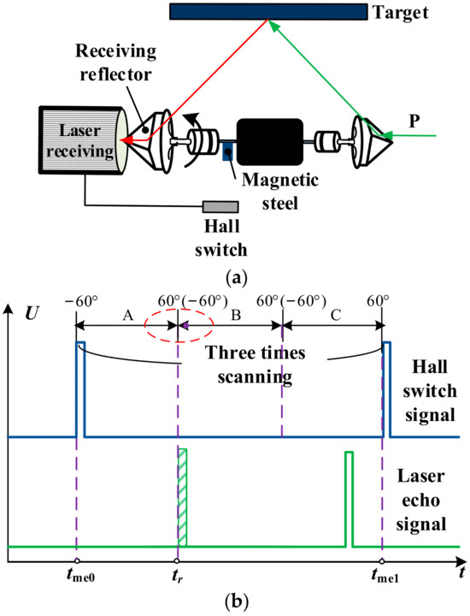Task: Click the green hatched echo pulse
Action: click(182, 497)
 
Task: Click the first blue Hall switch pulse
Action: click(80, 389)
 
